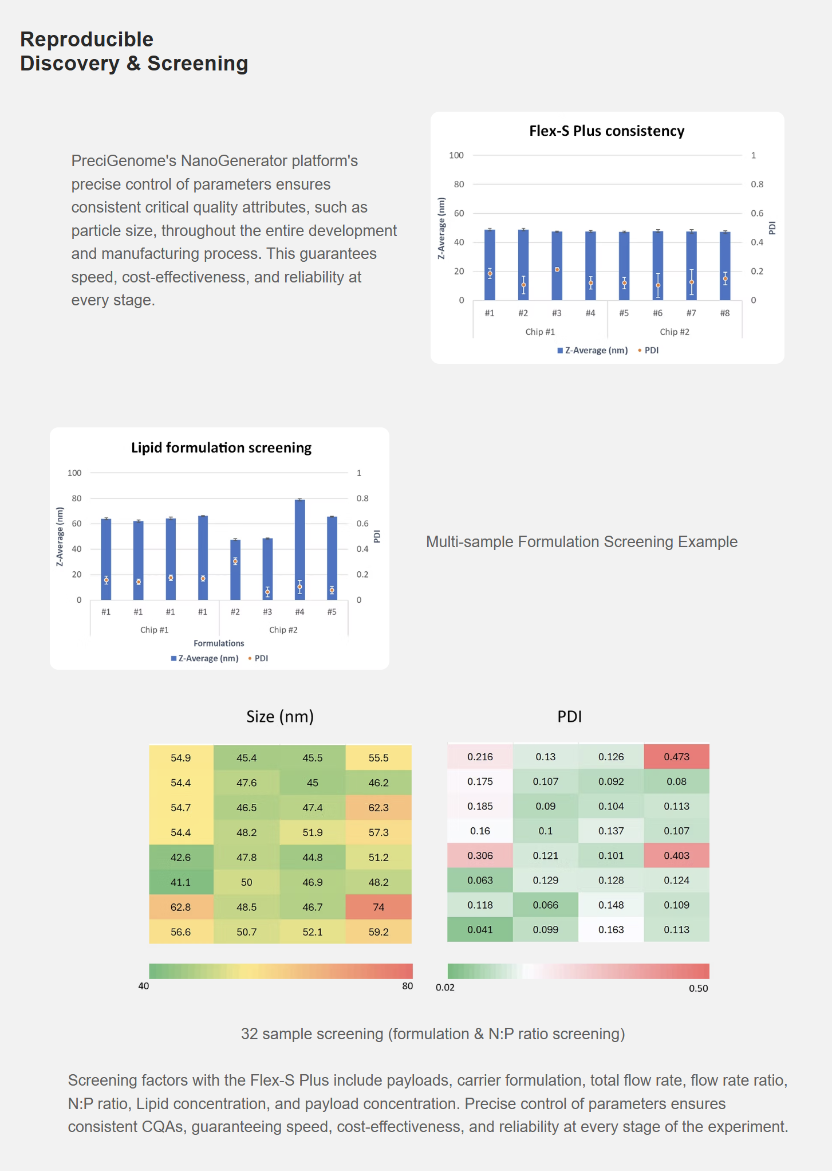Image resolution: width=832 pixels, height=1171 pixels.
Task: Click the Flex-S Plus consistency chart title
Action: tap(606, 131)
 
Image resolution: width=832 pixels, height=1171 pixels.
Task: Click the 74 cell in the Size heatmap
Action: tap(378, 907)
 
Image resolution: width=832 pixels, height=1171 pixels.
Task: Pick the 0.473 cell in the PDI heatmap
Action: tap(676, 757)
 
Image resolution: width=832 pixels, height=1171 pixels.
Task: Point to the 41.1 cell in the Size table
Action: tap(180, 882)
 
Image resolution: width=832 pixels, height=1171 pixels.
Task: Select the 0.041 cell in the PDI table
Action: tap(480, 930)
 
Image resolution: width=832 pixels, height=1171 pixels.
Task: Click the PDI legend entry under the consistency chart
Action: tap(651, 350)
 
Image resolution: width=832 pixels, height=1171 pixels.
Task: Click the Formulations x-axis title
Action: tap(219, 643)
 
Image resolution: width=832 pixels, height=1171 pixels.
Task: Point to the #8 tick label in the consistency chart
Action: tap(724, 313)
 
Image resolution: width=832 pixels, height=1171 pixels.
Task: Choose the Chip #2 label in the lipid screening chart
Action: tap(283, 630)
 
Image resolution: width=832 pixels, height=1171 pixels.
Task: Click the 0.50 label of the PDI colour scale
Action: tap(698, 988)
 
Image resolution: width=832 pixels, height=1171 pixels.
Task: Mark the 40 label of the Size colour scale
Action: tap(144, 986)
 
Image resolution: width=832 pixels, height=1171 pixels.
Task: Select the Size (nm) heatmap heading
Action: tap(280, 717)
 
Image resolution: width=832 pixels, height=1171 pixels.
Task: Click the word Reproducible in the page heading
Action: tap(87, 40)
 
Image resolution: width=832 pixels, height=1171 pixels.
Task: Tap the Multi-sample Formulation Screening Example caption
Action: tap(581, 542)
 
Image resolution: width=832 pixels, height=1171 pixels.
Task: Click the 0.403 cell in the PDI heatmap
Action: tap(676, 855)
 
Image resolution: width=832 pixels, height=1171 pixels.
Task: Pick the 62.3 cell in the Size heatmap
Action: tap(378, 808)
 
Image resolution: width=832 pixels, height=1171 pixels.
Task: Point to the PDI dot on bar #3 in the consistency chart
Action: tap(557, 269)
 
